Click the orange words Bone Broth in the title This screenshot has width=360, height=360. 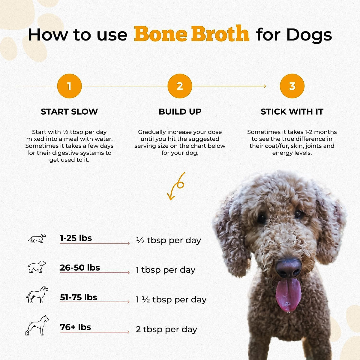(191, 34)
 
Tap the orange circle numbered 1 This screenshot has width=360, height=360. (69, 86)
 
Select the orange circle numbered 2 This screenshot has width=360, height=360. (180, 86)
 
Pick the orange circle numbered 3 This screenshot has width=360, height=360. (292, 86)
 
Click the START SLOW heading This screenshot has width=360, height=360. (69, 112)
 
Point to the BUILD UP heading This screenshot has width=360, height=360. (180, 112)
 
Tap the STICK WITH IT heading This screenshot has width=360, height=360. (292, 112)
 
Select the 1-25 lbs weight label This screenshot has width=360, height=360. (76, 238)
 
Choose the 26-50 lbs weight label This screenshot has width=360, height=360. (80, 268)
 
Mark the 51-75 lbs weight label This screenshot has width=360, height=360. (79, 297)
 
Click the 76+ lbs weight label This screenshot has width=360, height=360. (76, 327)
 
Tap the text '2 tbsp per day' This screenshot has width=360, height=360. (166, 329)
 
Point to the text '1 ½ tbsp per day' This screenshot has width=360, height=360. (171, 300)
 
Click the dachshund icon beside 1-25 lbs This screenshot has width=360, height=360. (37, 238)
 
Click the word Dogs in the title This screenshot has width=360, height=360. (309, 34)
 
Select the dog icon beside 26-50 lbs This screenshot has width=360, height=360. (37, 267)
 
